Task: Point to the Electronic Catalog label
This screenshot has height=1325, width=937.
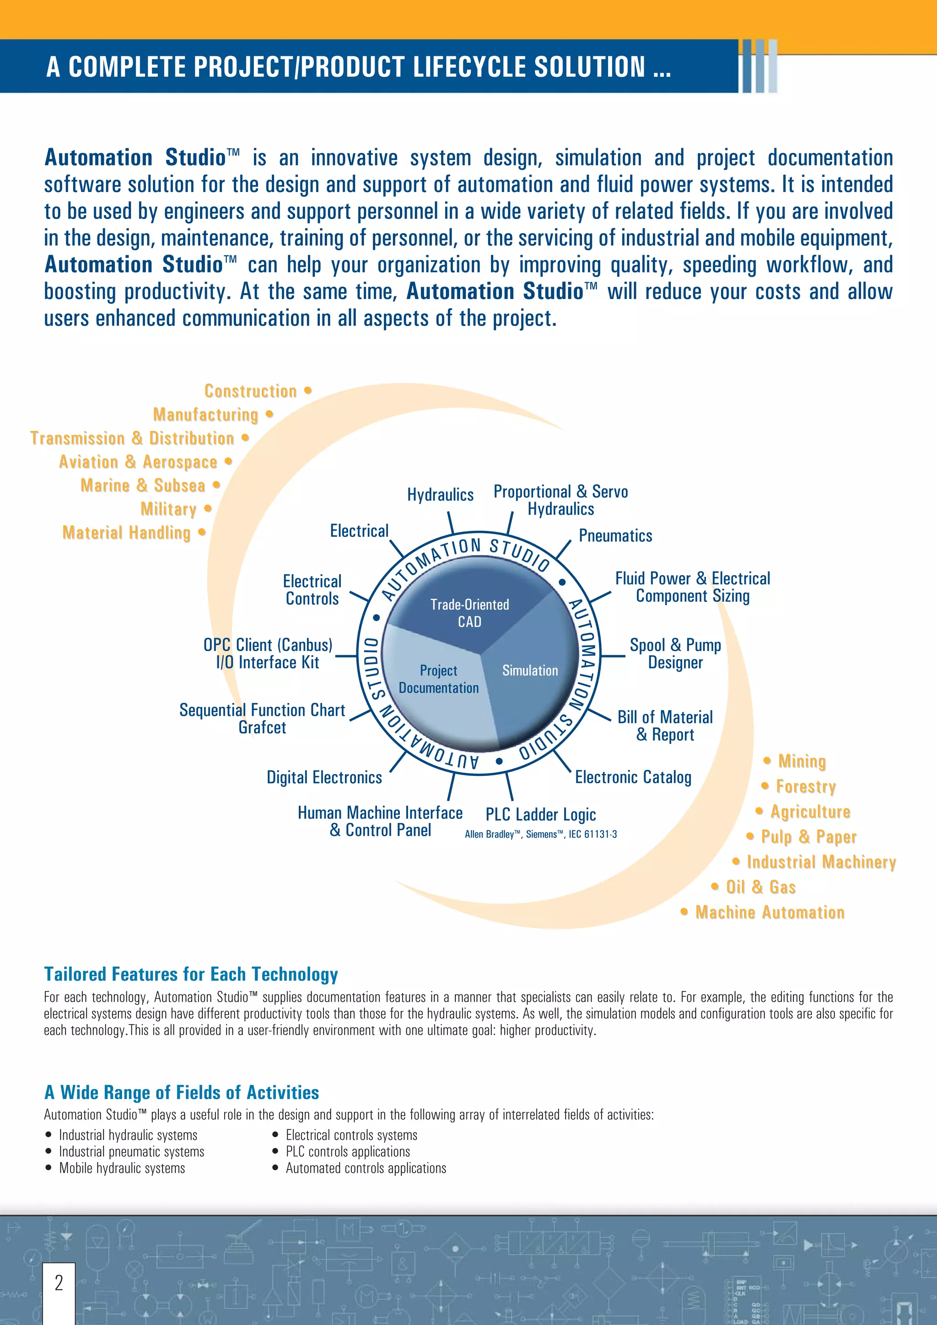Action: (633, 777)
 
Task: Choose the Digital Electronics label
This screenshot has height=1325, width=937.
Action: (324, 777)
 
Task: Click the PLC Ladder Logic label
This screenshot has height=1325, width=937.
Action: (540, 814)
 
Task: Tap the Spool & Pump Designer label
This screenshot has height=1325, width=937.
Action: (675, 653)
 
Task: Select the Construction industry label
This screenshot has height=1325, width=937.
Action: (251, 391)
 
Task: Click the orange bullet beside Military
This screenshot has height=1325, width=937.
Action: (208, 508)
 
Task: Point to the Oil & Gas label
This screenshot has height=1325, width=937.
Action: (760, 887)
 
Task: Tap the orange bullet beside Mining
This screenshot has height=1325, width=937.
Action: (767, 761)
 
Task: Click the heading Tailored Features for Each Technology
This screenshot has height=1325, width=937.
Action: (190, 974)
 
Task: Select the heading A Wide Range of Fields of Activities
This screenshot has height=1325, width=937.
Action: (181, 1092)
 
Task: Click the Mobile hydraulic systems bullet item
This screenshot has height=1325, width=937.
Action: (122, 1168)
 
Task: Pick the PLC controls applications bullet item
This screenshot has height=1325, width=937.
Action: (348, 1151)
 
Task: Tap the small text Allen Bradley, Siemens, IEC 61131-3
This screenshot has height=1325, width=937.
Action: (540, 834)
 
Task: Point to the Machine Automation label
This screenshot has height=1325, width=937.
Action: (770, 913)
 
